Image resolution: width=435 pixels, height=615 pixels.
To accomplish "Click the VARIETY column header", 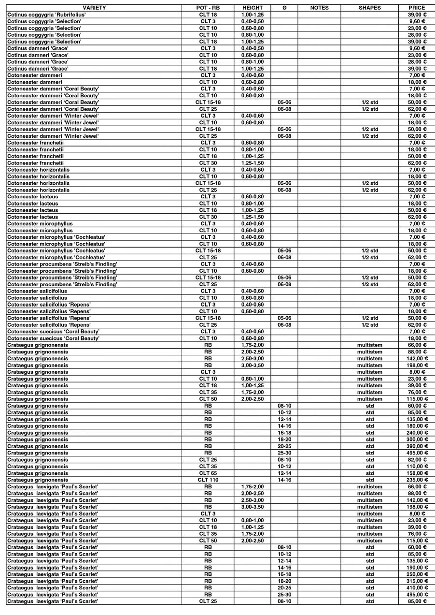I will (94, 8).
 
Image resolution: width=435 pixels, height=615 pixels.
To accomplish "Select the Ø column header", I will (284, 8).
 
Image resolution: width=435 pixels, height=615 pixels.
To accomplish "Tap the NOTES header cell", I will (319, 8).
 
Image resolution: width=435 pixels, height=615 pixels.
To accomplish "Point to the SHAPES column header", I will (369, 8).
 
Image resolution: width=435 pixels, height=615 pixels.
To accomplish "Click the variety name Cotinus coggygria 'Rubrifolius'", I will (46, 15).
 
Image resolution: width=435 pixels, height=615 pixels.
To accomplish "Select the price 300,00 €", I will (417, 439).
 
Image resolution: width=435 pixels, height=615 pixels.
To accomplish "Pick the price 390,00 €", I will (417, 446).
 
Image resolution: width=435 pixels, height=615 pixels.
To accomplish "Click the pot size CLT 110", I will (208, 480).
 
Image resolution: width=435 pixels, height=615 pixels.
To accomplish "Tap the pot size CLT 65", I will (208, 473).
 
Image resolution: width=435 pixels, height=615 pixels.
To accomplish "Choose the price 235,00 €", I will (417, 480).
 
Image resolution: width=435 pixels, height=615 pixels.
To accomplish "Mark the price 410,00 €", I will (417, 588).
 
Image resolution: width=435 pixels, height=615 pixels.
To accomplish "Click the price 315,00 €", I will (417, 581).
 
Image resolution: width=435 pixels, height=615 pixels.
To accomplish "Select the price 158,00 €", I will (417, 473).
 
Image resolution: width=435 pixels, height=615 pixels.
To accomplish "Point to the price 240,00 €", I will (417, 433).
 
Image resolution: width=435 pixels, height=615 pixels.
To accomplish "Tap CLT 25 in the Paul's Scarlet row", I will (208, 601).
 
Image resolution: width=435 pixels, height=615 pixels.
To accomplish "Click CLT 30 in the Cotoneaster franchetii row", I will (208, 163).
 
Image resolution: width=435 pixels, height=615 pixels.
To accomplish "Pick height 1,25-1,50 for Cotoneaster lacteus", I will (253, 217).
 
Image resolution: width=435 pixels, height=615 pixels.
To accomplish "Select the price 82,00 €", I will (417, 460).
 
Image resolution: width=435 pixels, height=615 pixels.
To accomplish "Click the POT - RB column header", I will (208, 8).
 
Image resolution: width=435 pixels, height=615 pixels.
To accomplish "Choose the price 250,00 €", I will (417, 574).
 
